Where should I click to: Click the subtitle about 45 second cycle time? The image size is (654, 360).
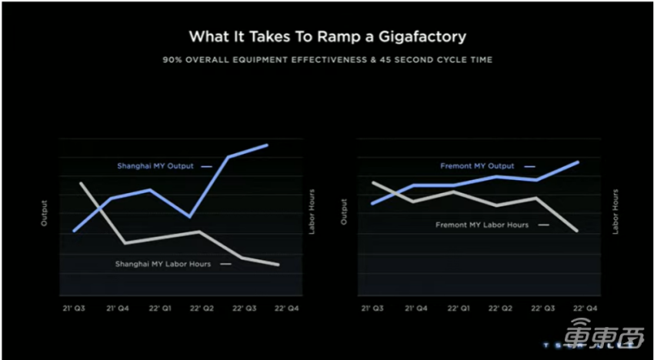coord(327,60)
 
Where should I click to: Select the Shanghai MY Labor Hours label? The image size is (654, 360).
coord(162,264)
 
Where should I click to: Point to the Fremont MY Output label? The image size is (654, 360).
coord(477,165)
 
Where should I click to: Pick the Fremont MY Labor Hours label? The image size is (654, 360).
coord(482,225)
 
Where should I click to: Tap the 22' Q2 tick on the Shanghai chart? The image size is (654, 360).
coord(201,308)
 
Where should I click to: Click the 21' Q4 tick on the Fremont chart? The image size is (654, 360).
coord(416,308)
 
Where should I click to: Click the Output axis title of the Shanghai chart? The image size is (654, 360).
coord(44,213)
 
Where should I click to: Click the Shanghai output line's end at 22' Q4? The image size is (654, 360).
coord(267,145)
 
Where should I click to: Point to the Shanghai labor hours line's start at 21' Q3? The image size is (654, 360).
coord(81,183)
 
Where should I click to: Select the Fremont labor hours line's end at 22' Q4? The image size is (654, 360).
coord(578,230)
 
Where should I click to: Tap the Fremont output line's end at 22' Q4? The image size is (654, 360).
coord(578,162)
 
